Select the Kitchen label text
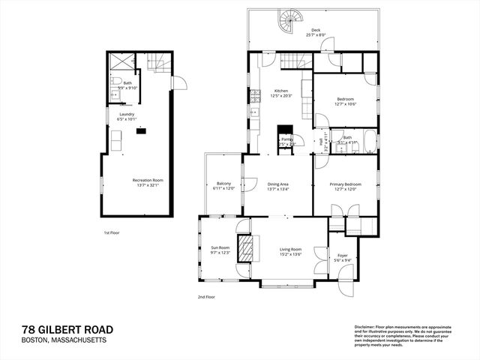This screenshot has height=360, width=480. pos(281,91)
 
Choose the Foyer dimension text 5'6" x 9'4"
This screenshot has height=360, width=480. pos(343,260)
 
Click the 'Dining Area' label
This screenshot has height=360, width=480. pos(278,184)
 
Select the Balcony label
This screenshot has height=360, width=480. pos(224,184)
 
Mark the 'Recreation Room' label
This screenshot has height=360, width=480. pos(148,180)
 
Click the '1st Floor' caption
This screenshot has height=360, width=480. pos(112,233)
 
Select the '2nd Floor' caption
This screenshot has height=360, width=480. pos(207,297)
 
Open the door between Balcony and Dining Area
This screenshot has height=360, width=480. pos(249,184)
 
